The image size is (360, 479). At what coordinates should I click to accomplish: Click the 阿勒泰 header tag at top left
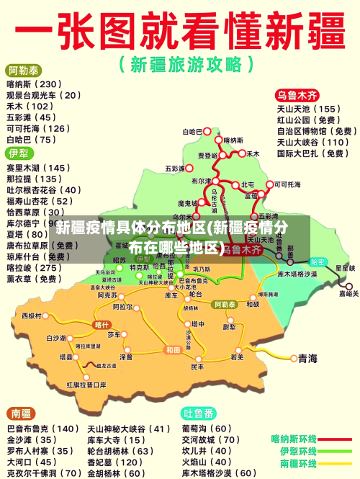[x=24, y=71]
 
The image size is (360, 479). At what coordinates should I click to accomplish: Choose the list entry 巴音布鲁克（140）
[x=42, y=429]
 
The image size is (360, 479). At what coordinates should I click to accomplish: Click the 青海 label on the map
[x=308, y=358]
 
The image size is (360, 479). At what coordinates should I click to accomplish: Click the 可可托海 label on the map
[x=288, y=184]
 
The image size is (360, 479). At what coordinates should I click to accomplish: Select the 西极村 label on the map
[x=32, y=315]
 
